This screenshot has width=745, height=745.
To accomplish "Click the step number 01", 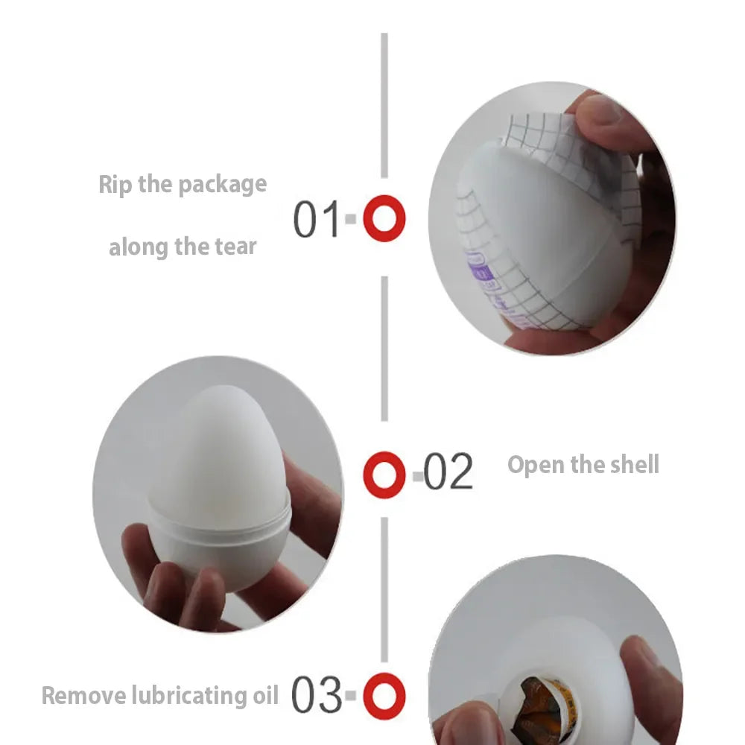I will [x=315, y=219].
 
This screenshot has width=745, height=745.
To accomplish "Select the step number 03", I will [x=316, y=696].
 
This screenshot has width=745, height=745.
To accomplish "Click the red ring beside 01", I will [x=384, y=219].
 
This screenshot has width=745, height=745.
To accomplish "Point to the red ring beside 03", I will [x=384, y=697].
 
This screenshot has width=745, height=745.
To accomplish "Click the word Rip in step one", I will [x=115, y=184].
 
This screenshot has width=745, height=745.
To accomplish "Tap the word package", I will [x=222, y=184].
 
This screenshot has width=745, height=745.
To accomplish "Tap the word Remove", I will [x=84, y=696].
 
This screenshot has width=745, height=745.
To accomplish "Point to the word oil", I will [x=262, y=696].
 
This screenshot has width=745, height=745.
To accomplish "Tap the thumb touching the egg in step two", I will [x=313, y=507].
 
